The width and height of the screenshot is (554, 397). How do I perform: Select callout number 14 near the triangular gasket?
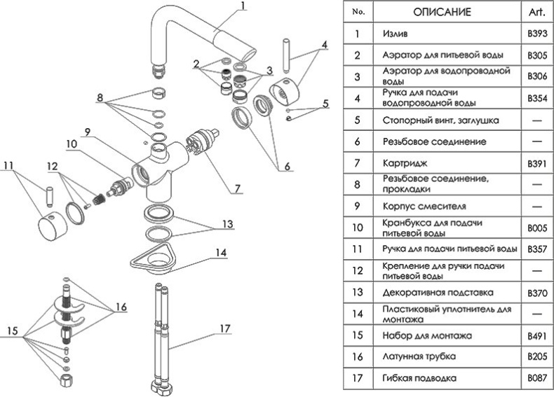222,252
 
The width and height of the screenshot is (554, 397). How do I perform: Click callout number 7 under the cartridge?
238,188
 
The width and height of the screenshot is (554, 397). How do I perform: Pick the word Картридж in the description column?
404,162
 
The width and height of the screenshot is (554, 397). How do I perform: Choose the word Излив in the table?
396,33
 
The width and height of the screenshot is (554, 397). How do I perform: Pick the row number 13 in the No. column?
358,292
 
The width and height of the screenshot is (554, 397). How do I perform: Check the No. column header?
358,12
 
